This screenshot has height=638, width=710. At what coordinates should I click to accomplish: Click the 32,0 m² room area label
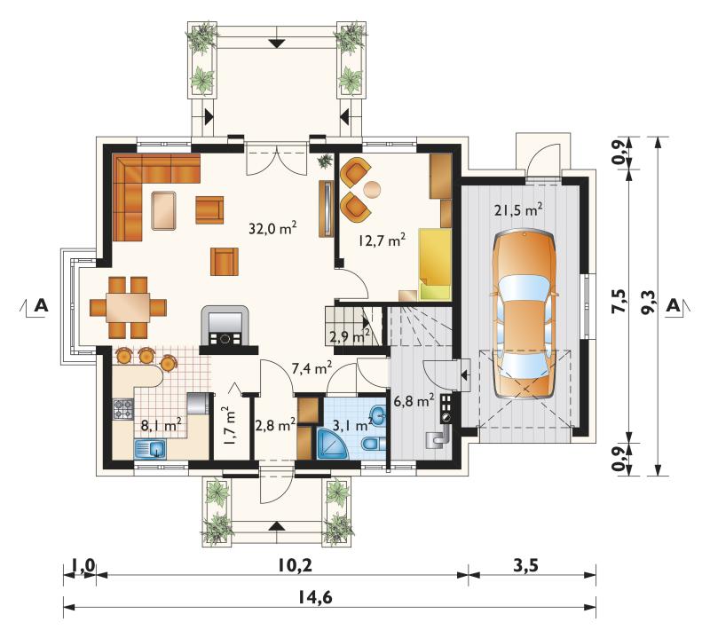tap(272, 228)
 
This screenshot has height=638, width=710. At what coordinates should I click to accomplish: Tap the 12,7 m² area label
tap(382, 240)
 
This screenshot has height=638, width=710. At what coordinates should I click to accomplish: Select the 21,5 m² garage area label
tap(518, 209)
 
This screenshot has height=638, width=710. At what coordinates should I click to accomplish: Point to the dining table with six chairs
tap(128, 308)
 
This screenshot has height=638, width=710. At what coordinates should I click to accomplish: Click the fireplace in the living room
tap(225, 328)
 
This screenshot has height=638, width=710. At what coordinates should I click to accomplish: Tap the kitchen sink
tap(151, 449)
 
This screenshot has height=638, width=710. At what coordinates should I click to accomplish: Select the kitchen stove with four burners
tap(123, 409)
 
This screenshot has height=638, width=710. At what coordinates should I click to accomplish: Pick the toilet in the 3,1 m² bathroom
tap(373, 444)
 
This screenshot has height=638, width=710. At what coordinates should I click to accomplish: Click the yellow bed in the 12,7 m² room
tap(435, 264)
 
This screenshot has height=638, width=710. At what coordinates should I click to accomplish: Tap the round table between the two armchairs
tap(373, 190)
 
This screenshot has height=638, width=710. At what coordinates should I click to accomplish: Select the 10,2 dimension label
tap(295, 565)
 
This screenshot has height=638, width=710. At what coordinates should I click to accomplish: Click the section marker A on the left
tap(41, 305)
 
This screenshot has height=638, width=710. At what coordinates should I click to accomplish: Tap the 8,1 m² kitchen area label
tap(162, 425)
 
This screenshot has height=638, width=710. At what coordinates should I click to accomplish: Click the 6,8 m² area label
tap(414, 400)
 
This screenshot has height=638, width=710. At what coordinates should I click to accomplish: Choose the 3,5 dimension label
tap(526, 565)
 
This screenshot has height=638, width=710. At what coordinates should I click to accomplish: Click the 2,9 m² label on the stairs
tap(350, 336)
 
